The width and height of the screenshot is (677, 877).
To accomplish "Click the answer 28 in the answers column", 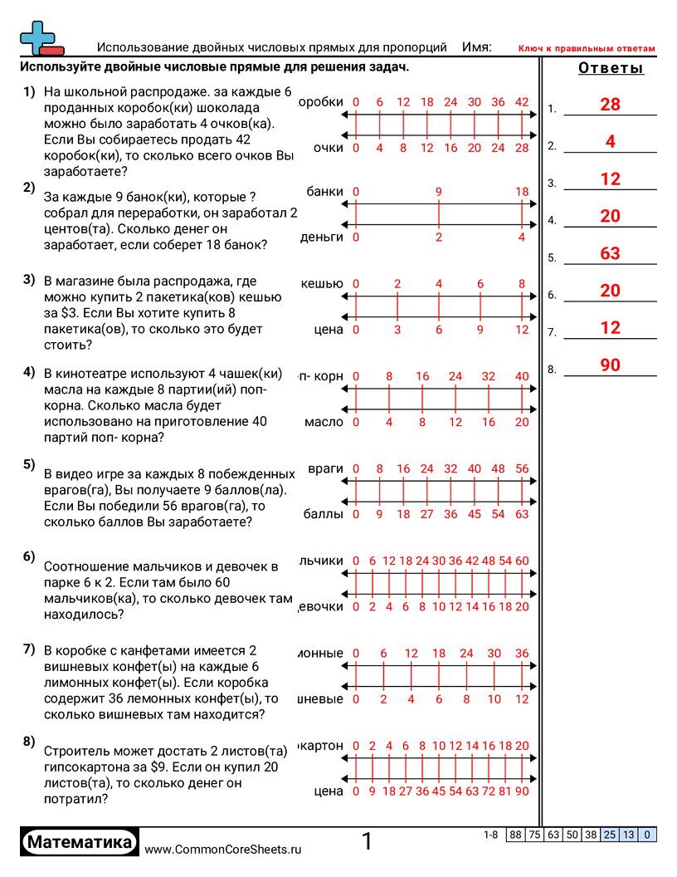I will (x=610, y=105).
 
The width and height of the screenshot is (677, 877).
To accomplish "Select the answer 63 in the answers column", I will (x=610, y=253).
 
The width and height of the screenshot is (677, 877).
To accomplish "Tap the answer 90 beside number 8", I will (x=610, y=365).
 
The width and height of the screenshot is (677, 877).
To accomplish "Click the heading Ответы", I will (x=611, y=68).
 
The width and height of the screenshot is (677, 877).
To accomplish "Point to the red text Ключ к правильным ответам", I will (x=587, y=49).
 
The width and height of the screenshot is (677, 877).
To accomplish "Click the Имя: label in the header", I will (x=476, y=47).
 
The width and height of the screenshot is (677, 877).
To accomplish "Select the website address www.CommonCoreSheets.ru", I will (x=222, y=849).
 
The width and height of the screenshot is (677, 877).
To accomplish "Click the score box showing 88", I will (x=515, y=835).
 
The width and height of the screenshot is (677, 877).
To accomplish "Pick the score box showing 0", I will (x=646, y=835).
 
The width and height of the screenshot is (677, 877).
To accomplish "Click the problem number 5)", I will (x=29, y=464).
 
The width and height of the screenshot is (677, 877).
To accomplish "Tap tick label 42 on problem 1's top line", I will (x=521, y=102).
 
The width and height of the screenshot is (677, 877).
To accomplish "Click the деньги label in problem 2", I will (x=321, y=238).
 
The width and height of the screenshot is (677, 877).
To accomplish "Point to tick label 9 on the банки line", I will (x=438, y=192).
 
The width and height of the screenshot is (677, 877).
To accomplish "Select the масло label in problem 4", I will (x=324, y=422).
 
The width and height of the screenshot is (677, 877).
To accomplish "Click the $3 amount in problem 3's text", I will (x=67, y=314).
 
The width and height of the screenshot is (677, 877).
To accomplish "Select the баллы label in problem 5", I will (x=323, y=514).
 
